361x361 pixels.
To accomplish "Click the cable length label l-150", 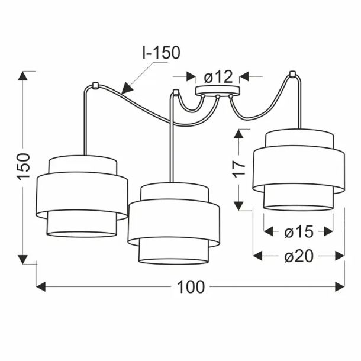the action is [161, 53].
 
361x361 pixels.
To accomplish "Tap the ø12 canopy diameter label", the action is [218, 77].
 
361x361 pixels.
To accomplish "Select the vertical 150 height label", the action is [23, 166].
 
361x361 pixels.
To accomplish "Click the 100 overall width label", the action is [191, 287].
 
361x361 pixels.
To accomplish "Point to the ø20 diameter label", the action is [299, 256].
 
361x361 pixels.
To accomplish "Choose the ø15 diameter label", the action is [299, 231].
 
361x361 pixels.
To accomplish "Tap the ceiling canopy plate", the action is [218, 90].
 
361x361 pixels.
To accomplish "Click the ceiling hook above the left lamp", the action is [95, 85].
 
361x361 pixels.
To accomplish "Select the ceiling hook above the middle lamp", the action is [176, 92].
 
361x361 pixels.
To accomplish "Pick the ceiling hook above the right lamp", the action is [292, 74].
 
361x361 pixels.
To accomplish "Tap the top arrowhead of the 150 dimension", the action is [22, 76].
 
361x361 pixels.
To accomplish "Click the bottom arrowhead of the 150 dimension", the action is [22, 259].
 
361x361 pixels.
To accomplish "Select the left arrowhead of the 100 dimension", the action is [41, 287].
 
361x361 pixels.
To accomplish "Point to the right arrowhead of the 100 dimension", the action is [340, 287].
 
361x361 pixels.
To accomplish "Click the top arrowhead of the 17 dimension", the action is [238, 134].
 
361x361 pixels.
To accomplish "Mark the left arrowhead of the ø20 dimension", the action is [257, 256].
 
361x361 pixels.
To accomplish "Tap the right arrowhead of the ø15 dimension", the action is [328, 231].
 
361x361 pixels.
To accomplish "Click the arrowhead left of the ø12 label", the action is [191, 76].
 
